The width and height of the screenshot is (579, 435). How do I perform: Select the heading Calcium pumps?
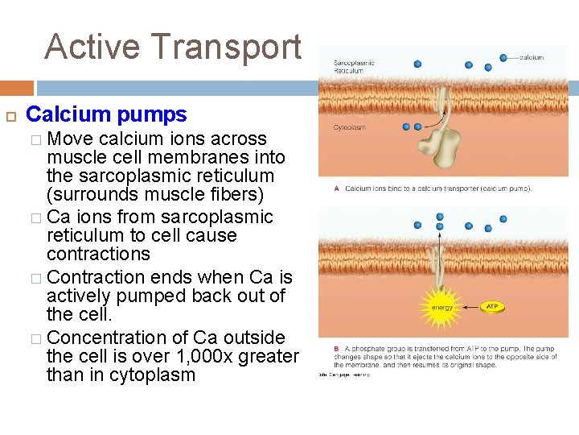tap(106, 115)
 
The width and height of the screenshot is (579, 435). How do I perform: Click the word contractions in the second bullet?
tap(98, 254)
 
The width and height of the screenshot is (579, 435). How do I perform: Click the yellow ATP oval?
tap(493, 306)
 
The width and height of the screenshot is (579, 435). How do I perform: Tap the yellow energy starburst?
tap(441, 306)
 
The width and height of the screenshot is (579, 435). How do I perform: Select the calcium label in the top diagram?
tap(531, 57)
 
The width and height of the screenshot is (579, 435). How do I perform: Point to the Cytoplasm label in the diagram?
tap(350, 127)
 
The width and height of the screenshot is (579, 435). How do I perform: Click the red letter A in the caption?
tap(336, 189)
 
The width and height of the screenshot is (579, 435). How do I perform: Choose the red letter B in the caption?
tap(336, 349)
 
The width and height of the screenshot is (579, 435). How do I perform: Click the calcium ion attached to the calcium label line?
tap(503, 58)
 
